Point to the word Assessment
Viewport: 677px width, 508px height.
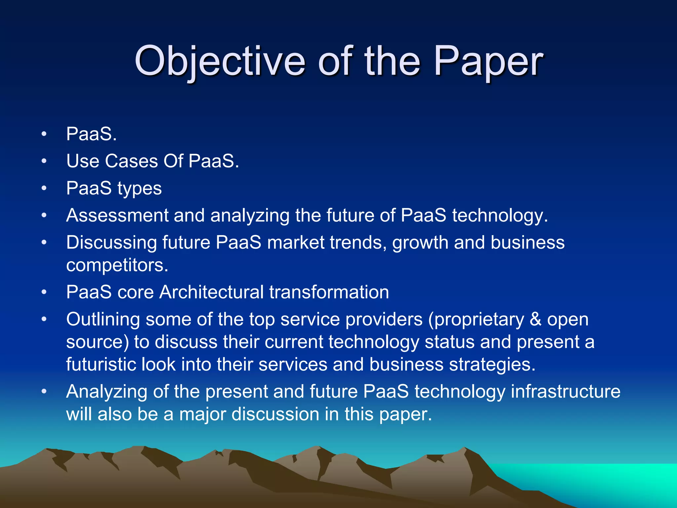(x=117, y=215)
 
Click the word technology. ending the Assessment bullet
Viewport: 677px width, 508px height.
(x=500, y=216)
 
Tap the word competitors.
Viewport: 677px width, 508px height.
(x=117, y=265)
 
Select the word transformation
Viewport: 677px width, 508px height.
(x=329, y=292)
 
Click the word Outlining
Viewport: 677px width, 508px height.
(x=103, y=320)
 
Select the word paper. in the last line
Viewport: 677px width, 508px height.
(x=405, y=415)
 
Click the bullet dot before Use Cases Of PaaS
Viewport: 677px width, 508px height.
(x=44, y=161)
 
